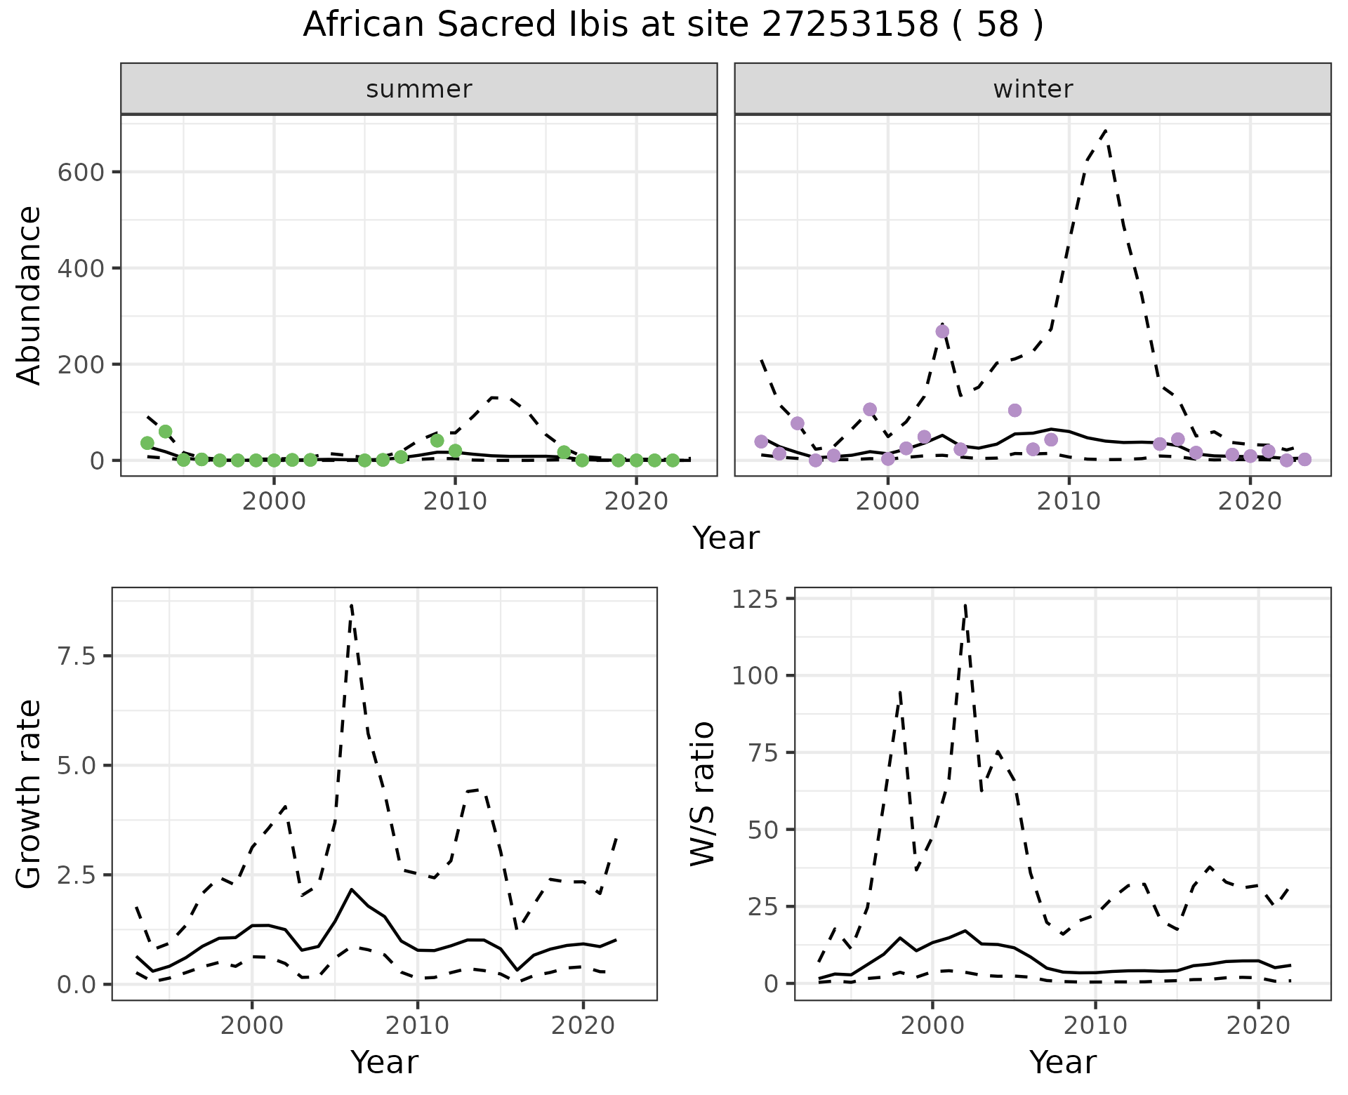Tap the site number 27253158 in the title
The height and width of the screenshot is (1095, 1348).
[x=850, y=25]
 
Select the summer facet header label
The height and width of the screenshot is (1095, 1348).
[x=419, y=89]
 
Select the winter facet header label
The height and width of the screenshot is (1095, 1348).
[x=1033, y=89]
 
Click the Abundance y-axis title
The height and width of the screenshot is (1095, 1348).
[x=29, y=295]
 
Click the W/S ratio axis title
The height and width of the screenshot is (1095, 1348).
[x=702, y=793]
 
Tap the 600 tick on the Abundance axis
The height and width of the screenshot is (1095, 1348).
[x=80, y=173]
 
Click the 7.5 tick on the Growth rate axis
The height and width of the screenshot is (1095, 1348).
[x=79, y=656]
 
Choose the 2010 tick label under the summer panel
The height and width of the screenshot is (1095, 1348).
[x=455, y=502]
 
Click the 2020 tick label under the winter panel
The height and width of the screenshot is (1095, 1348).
[x=1249, y=502]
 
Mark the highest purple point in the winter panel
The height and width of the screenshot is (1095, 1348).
[x=942, y=331]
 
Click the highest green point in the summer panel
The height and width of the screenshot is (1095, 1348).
[x=166, y=431]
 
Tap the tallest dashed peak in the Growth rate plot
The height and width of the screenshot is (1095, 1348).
[x=351, y=604]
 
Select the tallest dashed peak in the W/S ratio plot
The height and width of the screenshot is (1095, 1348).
[x=965, y=605]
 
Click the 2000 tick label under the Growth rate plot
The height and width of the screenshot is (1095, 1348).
[x=252, y=1026]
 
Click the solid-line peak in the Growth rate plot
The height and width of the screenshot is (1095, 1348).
[x=352, y=889]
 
